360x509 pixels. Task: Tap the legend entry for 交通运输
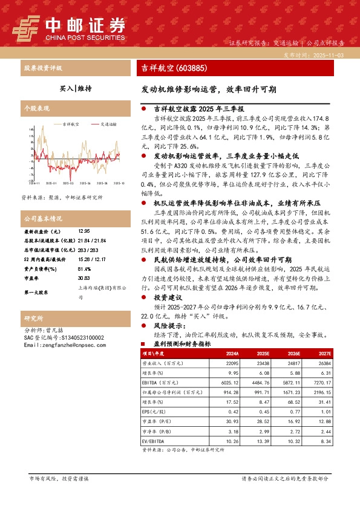click(x=105, y=124)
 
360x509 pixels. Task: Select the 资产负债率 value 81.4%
click(x=84, y=269)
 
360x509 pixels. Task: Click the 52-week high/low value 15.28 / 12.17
click(x=90, y=260)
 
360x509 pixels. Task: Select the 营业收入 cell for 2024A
click(x=232, y=363)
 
